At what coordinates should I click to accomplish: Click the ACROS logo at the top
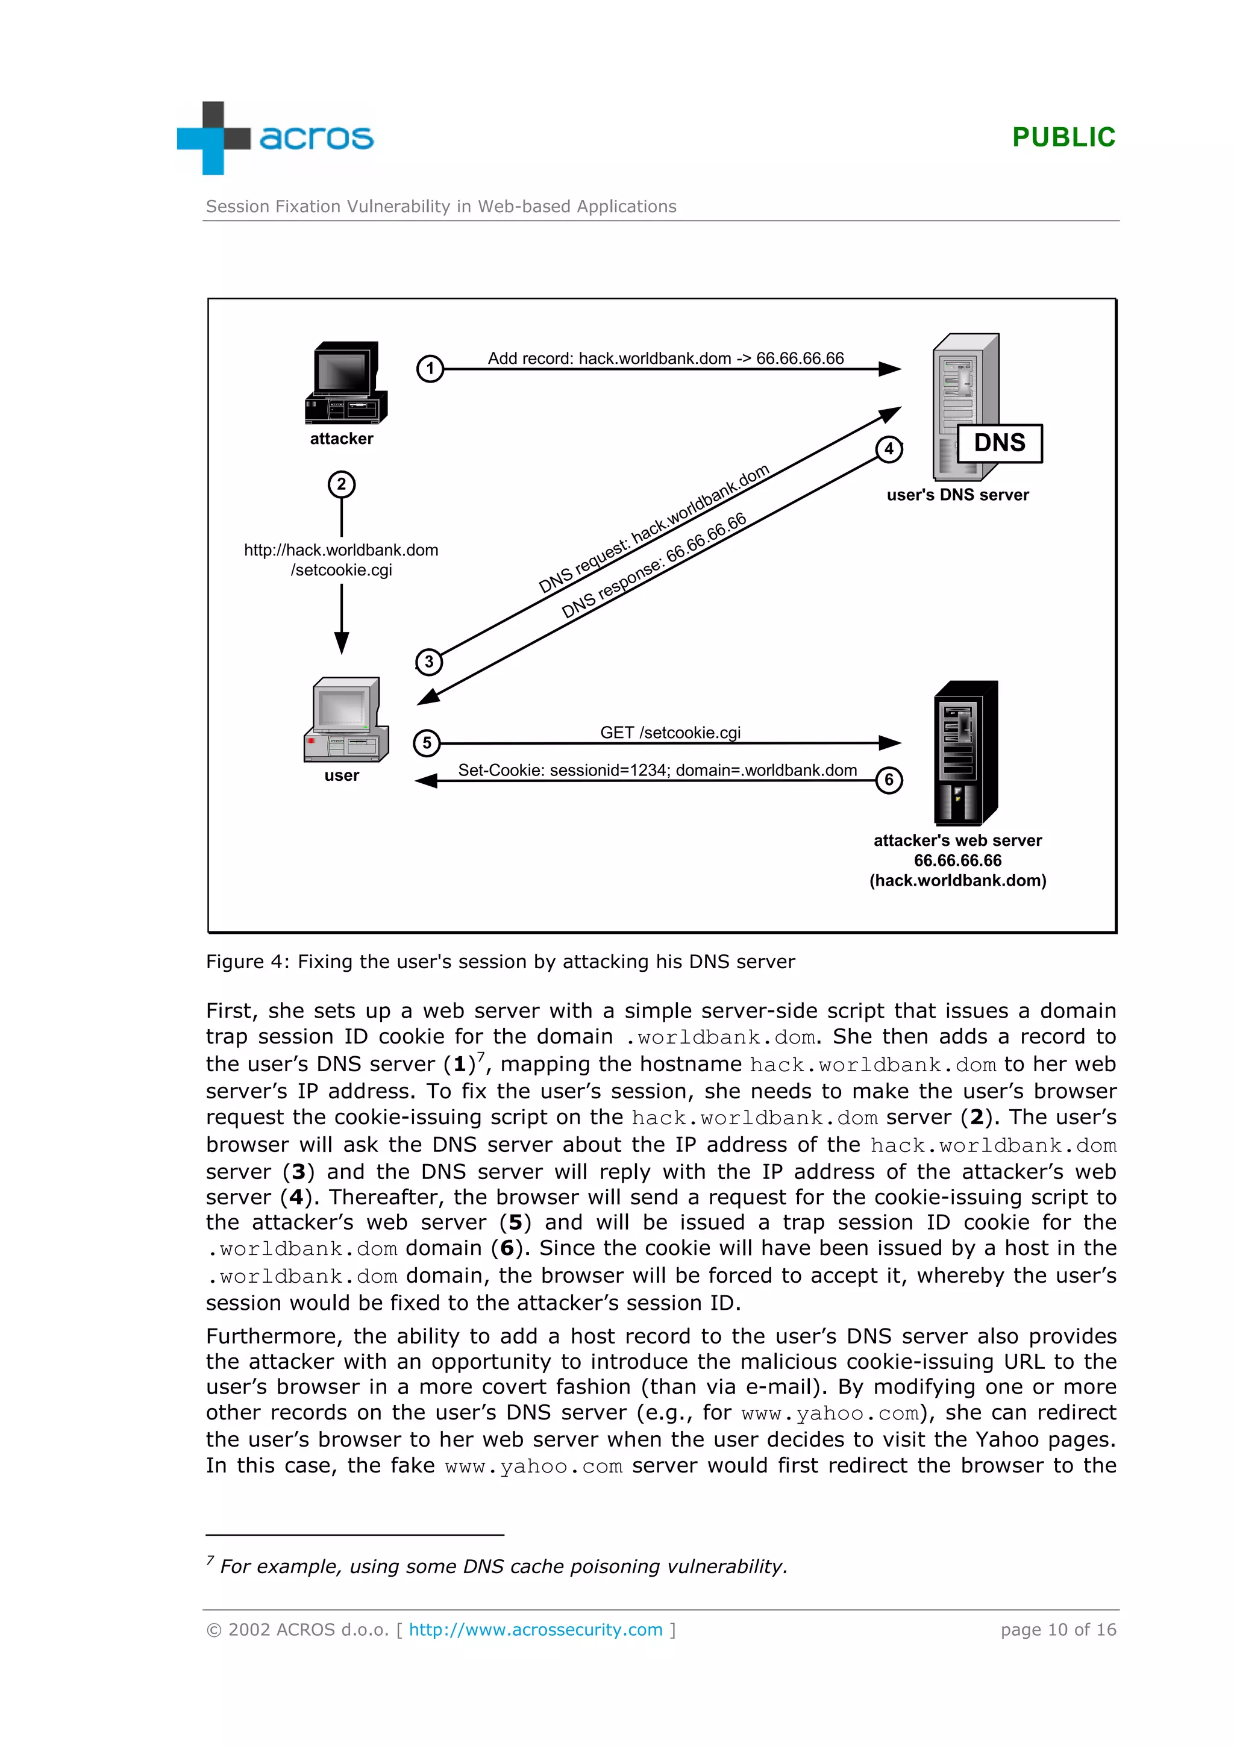pos(275,137)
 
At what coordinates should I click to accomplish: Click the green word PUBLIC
pos(1063,137)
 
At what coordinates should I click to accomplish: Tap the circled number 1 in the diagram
pos(430,369)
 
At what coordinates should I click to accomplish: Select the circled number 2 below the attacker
pos(342,484)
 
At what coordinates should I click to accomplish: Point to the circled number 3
pos(429,662)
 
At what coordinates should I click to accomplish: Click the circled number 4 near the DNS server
pos(888,449)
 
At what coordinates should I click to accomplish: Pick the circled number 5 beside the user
pos(427,743)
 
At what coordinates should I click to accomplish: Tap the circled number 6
pos(888,780)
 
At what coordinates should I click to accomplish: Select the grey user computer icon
pos(346,719)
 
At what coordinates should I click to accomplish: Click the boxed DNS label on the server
pos(999,443)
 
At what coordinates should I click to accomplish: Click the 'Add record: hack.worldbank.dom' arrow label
pos(665,358)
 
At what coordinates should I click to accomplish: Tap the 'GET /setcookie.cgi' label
pos(670,732)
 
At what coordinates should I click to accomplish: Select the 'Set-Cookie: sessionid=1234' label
pos(657,771)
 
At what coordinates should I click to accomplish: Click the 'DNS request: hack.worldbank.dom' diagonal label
pos(653,529)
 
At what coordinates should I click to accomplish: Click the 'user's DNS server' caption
pos(957,495)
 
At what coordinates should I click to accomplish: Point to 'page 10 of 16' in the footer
pos(1057,1630)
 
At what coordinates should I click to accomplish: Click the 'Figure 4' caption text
pos(500,962)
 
